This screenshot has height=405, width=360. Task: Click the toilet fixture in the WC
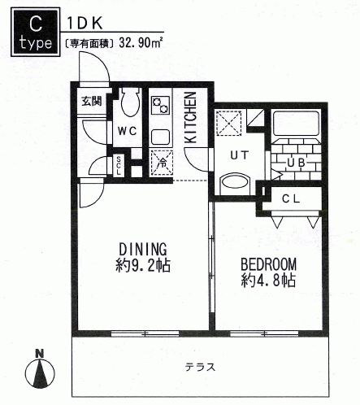(x=130, y=102)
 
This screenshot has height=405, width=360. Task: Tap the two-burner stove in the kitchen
(x=160, y=106)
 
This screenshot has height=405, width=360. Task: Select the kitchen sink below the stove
(x=160, y=137)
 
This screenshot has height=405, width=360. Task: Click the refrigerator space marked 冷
(x=162, y=163)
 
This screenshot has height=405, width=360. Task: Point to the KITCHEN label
(x=190, y=118)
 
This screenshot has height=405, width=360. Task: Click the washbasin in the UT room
(x=235, y=185)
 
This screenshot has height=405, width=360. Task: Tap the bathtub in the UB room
(x=296, y=124)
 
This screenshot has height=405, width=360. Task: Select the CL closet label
(x=291, y=199)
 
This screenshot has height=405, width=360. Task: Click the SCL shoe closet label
(x=119, y=166)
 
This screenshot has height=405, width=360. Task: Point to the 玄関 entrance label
(x=92, y=102)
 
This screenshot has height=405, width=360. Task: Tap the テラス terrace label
(x=200, y=368)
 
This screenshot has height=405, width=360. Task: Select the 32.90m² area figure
(x=141, y=42)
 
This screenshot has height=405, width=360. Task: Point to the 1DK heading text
(x=85, y=24)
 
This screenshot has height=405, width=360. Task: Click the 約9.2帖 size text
(x=143, y=265)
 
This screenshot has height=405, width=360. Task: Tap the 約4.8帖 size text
(x=268, y=280)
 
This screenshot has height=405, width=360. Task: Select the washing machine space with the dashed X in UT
(x=228, y=124)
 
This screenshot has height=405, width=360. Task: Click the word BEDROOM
(x=268, y=264)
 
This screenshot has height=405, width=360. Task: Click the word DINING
(x=143, y=250)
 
